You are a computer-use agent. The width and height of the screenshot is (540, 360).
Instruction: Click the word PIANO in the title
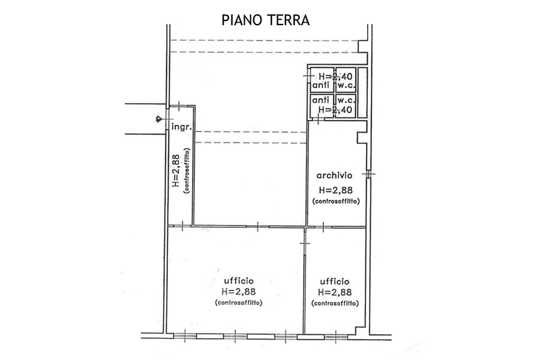(242, 20)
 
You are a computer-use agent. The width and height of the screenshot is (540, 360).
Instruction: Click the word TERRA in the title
(288, 20)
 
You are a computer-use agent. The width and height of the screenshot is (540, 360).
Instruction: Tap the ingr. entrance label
(181, 127)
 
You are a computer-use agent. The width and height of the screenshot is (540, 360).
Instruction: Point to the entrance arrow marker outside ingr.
(159, 119)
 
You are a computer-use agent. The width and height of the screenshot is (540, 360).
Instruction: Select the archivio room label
(334, 175)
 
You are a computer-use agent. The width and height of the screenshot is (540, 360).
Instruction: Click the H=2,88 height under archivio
(336, 190)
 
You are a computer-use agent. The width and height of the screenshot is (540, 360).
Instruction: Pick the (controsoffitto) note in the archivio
(336, 201)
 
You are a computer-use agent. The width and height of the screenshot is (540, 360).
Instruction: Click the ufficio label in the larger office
(239, 281)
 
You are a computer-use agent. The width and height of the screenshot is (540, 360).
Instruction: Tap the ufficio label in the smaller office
(335, 281)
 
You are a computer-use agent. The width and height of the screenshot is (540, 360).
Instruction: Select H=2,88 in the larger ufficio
(239, 292)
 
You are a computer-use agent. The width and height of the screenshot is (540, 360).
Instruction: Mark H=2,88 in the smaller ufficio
(335, 292)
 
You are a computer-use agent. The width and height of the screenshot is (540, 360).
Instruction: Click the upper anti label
(320, 85)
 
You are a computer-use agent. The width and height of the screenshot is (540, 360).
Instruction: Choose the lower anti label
(320, 100)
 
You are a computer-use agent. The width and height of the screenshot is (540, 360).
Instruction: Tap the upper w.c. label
(346, 85)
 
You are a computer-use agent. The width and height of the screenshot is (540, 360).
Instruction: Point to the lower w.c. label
(346, 100)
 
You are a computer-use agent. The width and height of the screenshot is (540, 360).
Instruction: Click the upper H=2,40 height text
(335, 76)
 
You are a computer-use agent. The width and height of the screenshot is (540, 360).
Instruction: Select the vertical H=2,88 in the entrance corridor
(175, 170)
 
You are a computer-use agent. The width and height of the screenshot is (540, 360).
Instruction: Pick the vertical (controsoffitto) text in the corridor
(187, 170)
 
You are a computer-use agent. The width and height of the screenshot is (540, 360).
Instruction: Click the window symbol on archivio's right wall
(369, 175)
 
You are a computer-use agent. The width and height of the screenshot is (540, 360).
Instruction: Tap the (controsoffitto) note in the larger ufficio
(239, 303)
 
